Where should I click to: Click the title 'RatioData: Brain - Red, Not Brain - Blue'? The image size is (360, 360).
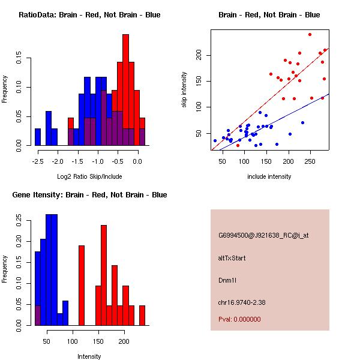[89, 15]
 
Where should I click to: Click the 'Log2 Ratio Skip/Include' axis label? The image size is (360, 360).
[89, 176]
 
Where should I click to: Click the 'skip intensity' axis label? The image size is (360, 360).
[185, 90]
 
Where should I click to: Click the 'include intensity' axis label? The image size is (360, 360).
[269, 176]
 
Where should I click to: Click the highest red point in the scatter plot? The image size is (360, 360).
[310, 34]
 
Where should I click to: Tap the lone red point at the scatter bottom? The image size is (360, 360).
[238, 145]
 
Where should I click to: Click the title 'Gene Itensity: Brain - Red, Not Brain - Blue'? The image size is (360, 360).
[89, 195]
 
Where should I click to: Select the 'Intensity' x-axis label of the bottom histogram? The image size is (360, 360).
[89, 356]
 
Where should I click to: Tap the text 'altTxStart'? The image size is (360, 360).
[232, 258]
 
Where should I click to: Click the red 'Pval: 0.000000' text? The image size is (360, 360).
[239, 319]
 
